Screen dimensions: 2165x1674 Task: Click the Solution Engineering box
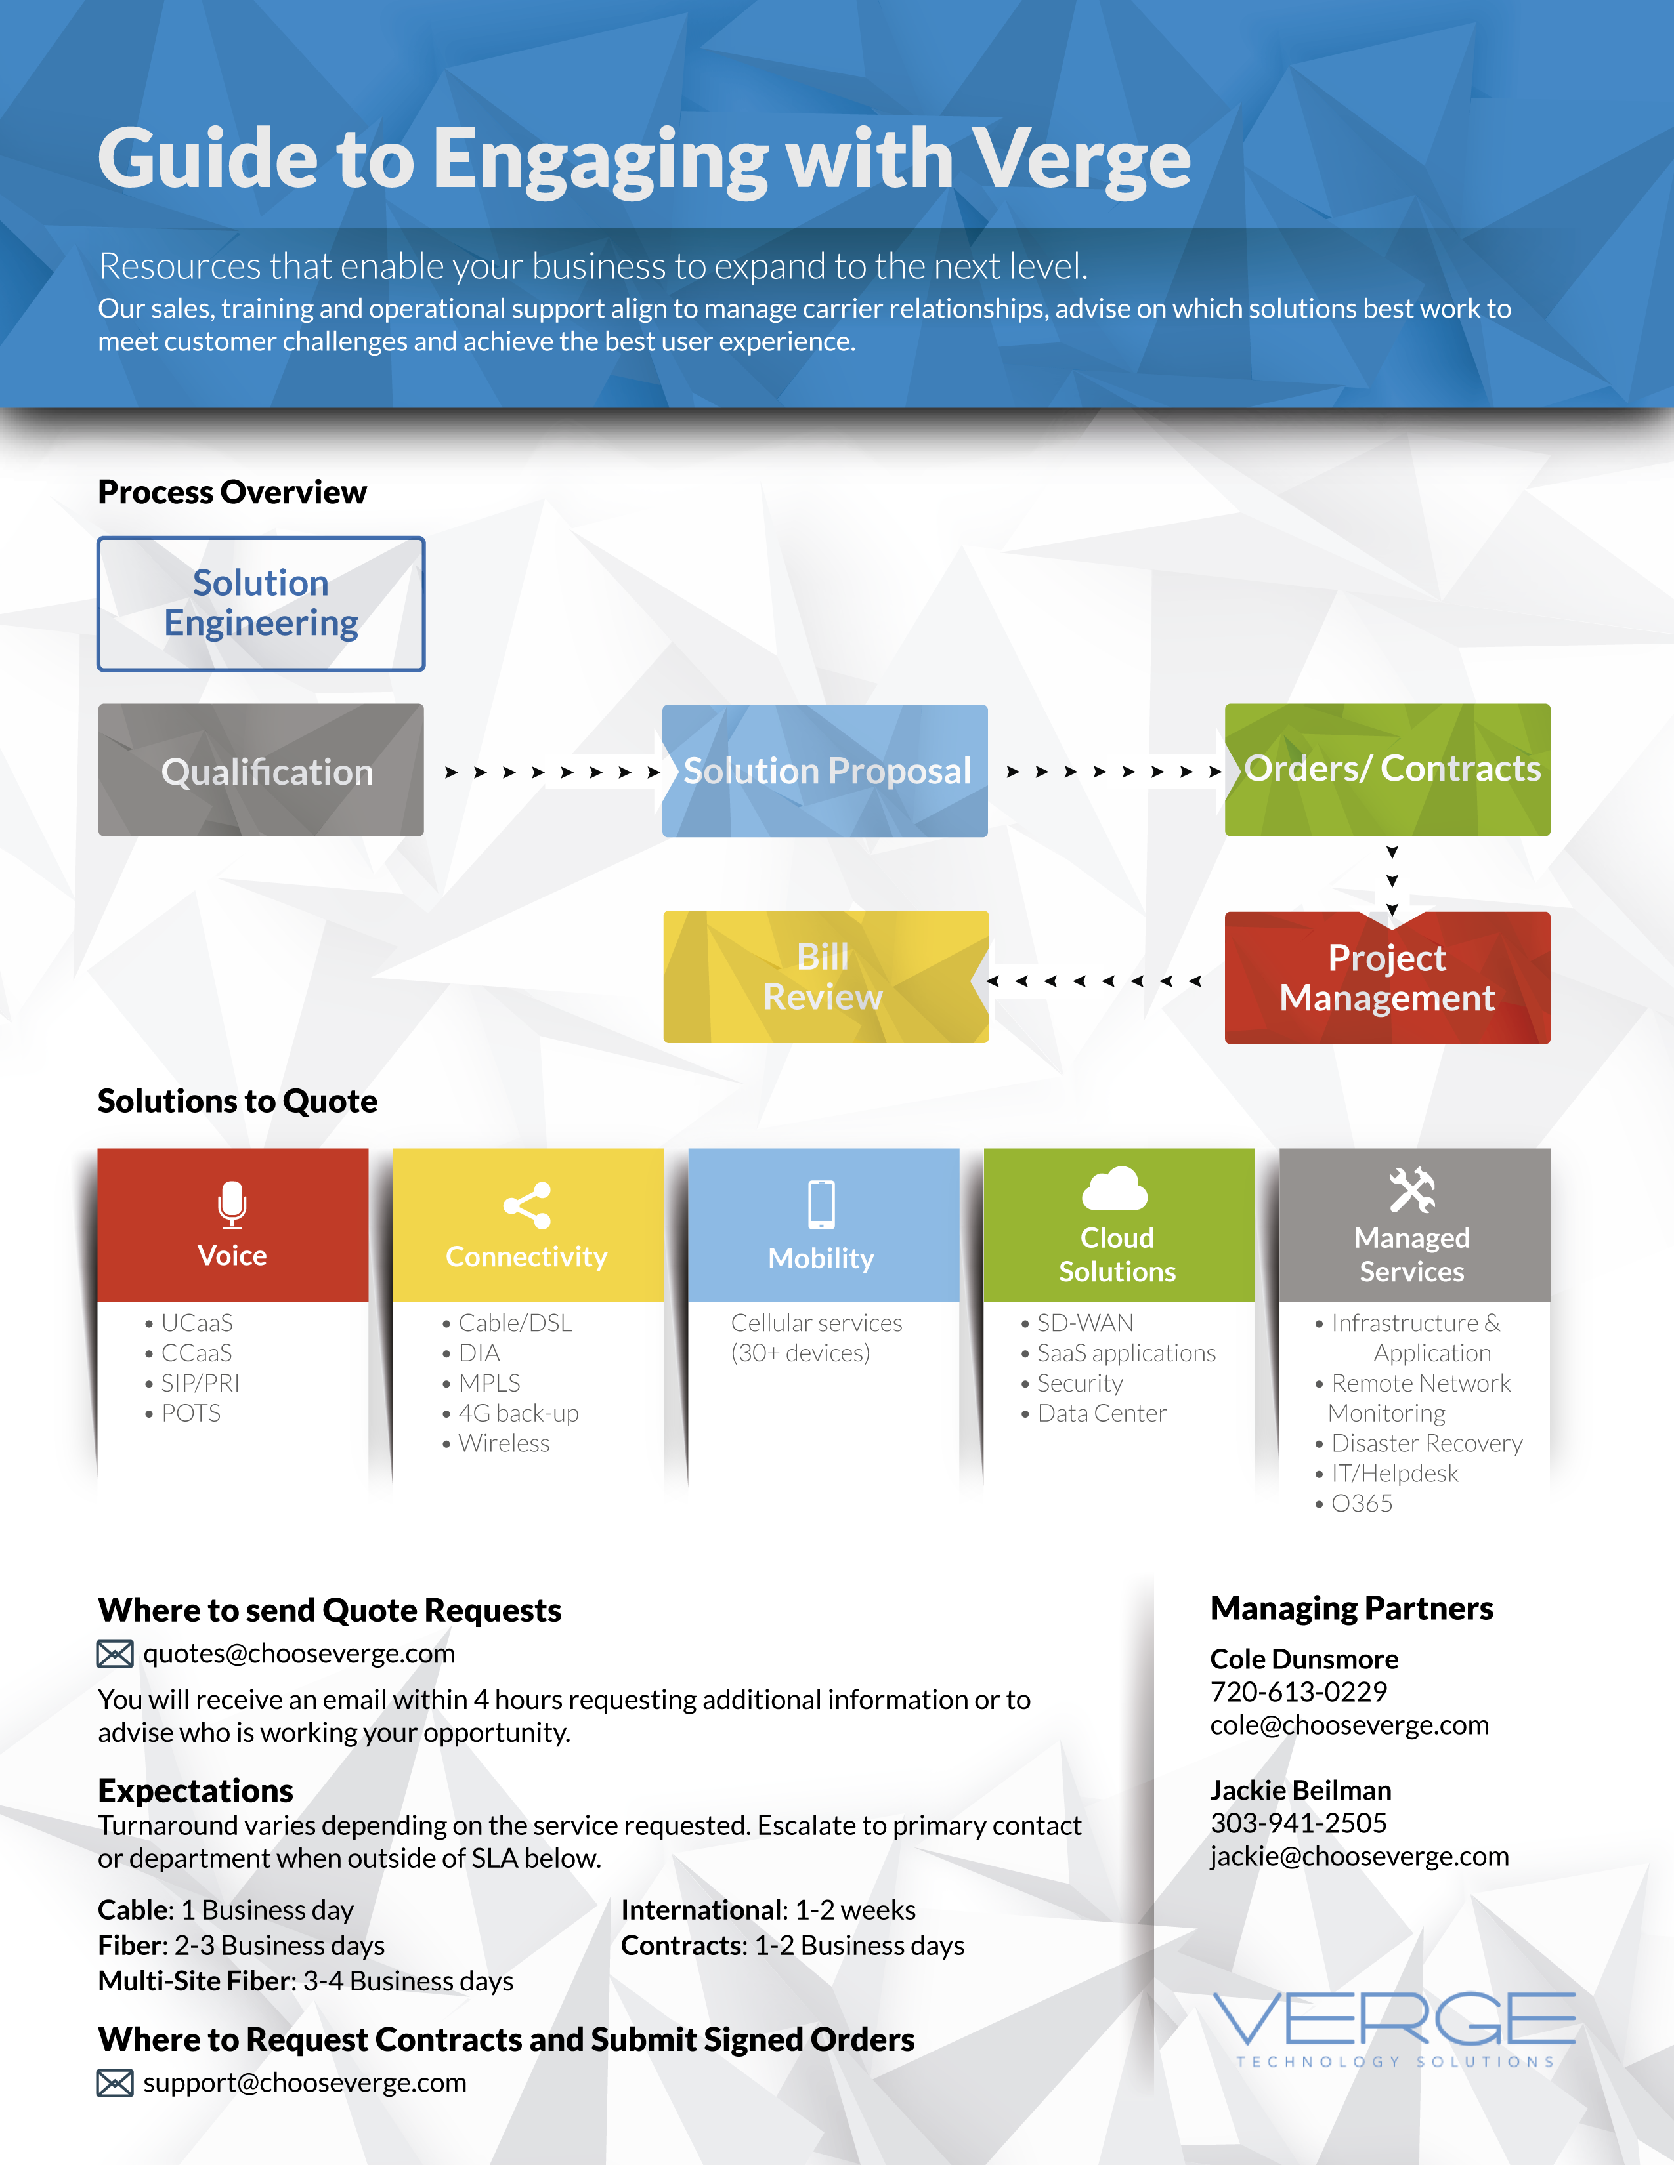pos(261,604)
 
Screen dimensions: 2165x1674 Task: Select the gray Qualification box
pos(261,770)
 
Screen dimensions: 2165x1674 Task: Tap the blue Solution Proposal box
pos(825,770)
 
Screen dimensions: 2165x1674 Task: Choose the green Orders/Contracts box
pos(1387,770)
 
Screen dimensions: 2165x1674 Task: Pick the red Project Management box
pos(1387,978)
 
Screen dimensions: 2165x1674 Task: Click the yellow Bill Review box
pos(825,976)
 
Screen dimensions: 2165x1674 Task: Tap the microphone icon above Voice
pos(232,1203)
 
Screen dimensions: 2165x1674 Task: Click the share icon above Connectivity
pos(526,1205)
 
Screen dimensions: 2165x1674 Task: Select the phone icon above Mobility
pos(821,1205)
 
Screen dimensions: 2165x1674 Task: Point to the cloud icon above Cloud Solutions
pos(1115,1189)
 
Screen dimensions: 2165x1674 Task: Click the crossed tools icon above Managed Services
pos(1412,1189)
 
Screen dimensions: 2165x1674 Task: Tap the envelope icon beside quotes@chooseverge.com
pos(115,1653)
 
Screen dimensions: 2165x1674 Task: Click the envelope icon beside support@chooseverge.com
pos(115,2083)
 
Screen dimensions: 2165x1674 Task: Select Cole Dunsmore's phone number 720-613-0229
pos(1298,1691)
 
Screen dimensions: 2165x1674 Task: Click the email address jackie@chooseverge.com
pos(1359,1856)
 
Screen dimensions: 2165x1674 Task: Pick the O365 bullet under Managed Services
pos(1362,1503)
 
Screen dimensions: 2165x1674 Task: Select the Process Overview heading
pos(232,491)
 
